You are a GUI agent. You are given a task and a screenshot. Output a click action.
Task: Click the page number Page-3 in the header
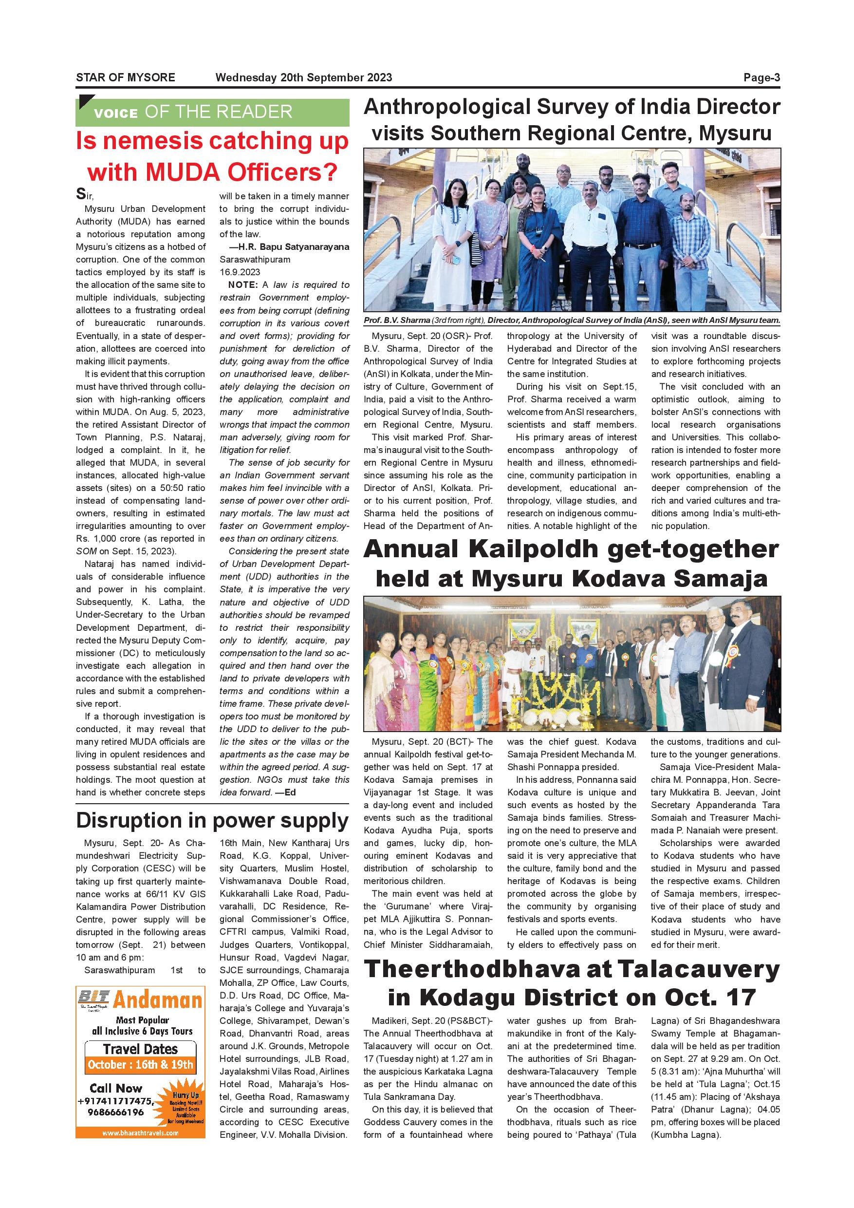click(761, 78)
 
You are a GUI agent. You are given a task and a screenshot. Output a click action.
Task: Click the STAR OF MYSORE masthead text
click(125, 78)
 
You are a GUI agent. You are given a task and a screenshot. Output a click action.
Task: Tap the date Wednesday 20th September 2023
click(303, 78)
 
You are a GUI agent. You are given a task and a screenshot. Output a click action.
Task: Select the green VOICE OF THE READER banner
click(212, 112)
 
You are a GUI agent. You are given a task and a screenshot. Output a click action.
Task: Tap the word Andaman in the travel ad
click(158, 1000)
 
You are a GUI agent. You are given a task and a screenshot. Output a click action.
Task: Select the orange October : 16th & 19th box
click(140, 1064)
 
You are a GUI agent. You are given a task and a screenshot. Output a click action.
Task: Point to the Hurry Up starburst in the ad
click(185, 1104)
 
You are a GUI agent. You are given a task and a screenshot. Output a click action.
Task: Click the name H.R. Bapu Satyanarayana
click(293, 247)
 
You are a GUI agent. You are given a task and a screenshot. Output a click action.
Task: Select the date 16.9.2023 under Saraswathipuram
click(240, 272)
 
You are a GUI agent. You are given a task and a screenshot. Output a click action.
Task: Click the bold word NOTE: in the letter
click(242, 284)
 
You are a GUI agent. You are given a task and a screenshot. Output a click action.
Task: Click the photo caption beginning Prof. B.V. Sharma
click(572, 320)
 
